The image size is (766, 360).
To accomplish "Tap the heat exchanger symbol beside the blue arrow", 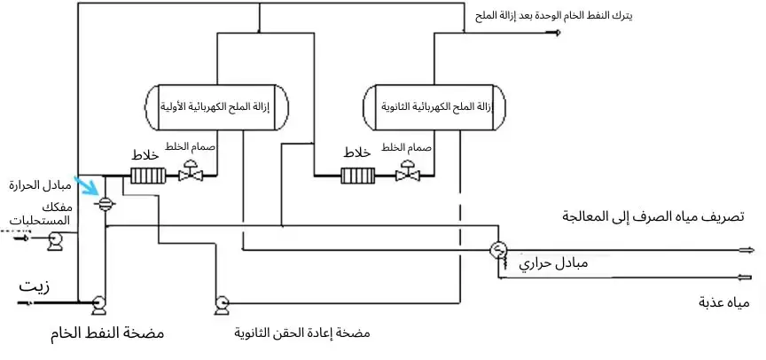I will pos(105,202).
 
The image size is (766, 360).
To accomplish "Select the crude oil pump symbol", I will pos(98,303).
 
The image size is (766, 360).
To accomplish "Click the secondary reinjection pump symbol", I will pos(221,303).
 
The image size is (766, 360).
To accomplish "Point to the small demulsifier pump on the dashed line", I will pos(54,237).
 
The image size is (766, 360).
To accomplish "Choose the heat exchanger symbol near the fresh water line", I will pos(498,250).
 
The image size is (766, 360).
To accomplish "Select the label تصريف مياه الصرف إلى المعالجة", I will pos(653,216).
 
